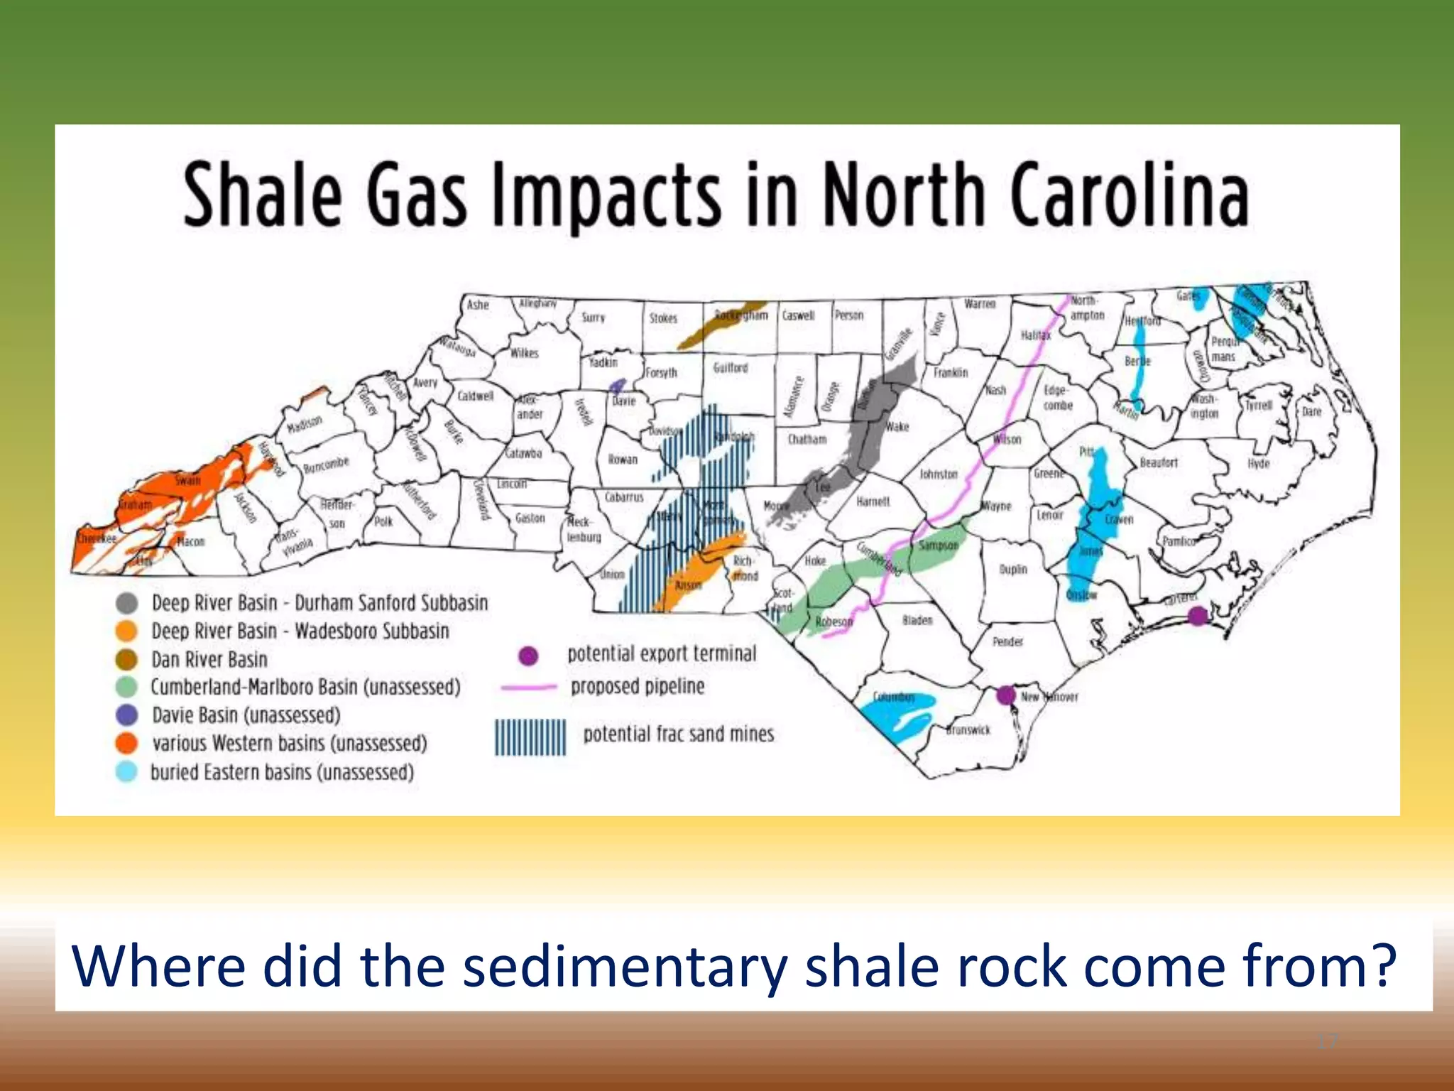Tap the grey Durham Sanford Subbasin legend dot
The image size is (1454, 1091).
[126, 603]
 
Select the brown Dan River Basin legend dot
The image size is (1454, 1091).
[126, 659]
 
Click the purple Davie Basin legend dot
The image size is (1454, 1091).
[126, 715]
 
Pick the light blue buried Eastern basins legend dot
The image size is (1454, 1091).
[126, 772]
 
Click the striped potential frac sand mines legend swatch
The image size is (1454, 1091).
[530, 737]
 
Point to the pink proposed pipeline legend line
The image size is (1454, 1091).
[529, 687]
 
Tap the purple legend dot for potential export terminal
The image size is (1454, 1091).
[528, 656]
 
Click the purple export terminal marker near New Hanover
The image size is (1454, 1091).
[1005, 695]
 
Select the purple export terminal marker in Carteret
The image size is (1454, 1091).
[1198, 615]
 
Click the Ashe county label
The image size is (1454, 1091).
[478, 305]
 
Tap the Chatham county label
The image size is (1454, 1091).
[807, 440]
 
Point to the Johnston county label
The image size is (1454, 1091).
[939, 474]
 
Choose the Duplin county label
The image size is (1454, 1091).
[1013, 569]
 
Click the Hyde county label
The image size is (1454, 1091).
[1258, 464]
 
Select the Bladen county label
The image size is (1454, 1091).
[917, 620]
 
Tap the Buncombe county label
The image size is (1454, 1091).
[326, 465]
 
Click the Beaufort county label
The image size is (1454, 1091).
[1159, 462]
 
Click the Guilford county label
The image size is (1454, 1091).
[731, 367]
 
